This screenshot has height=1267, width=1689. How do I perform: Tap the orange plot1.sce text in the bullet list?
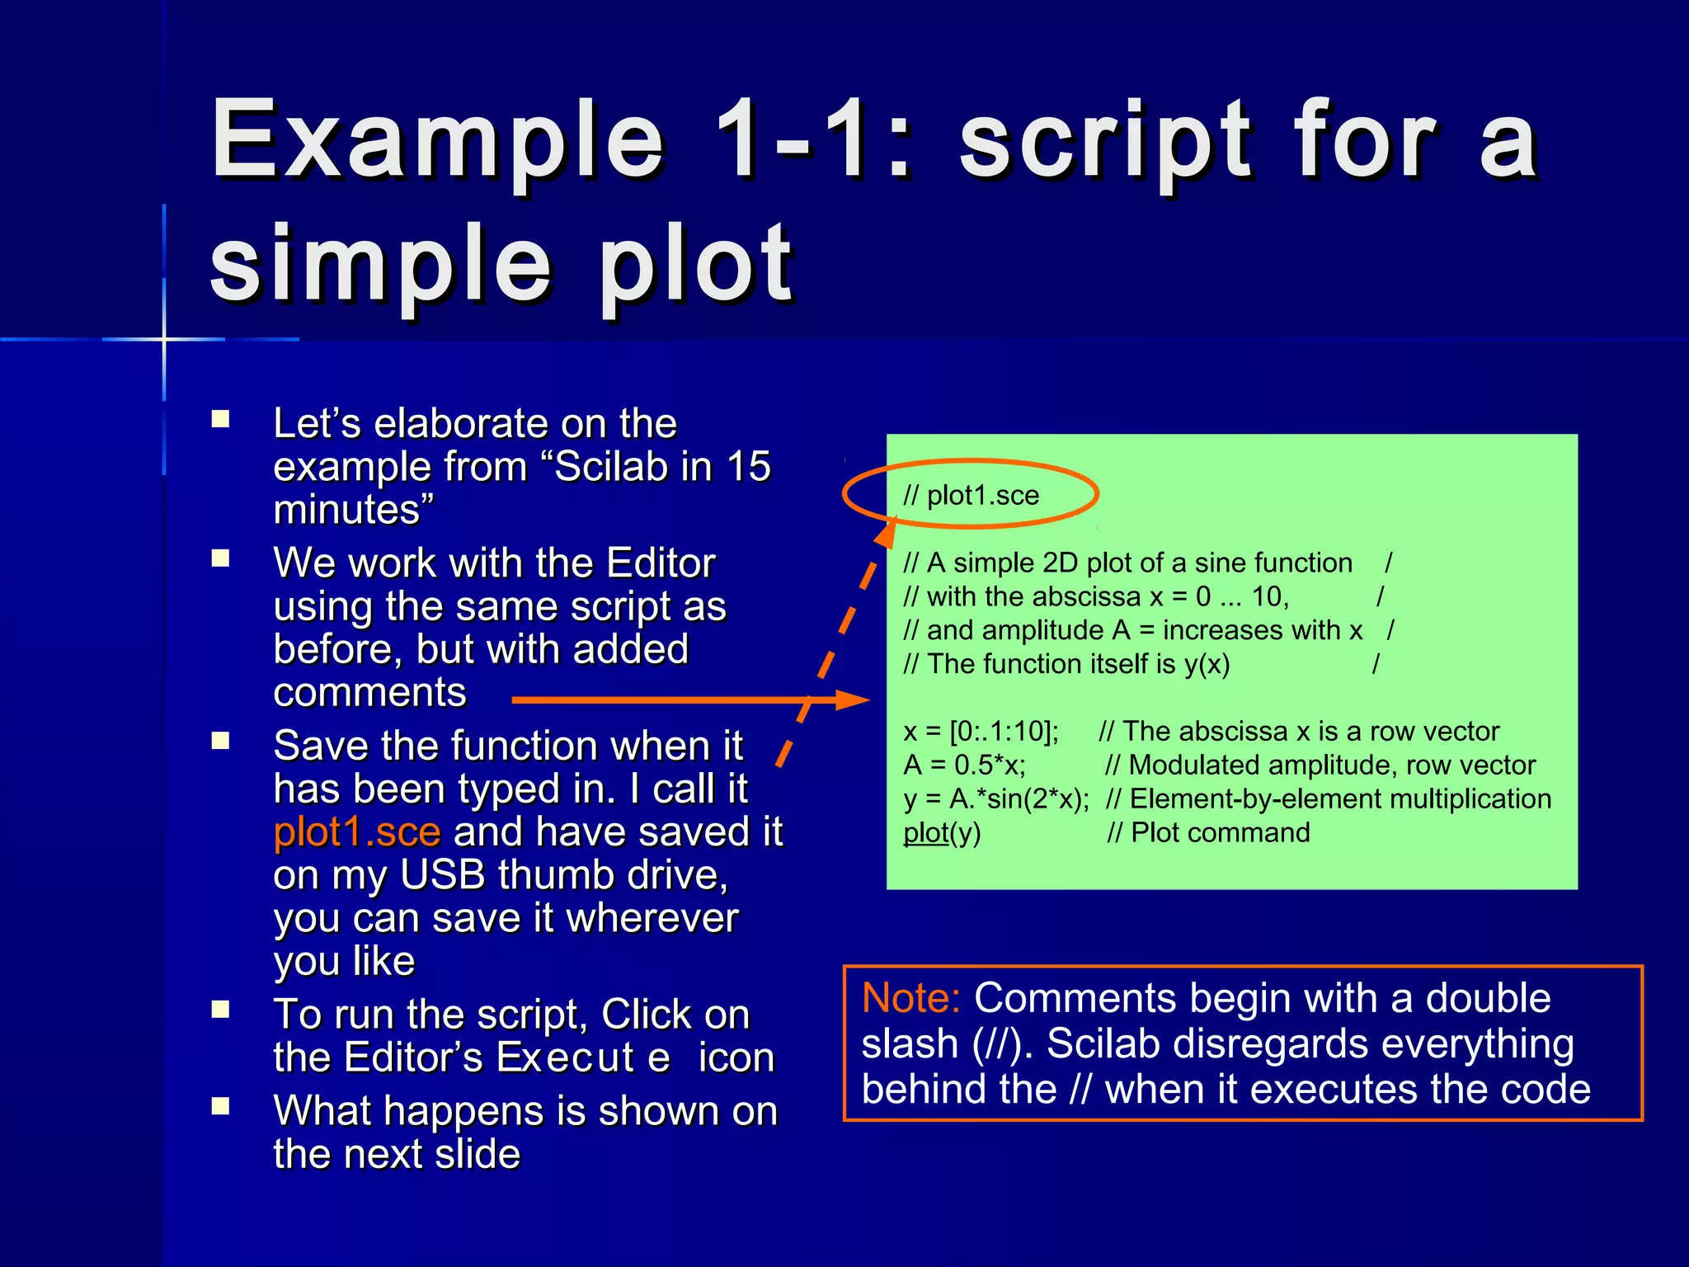[x=357, y=831]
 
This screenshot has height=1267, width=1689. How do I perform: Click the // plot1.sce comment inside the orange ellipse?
[x=971, y=495]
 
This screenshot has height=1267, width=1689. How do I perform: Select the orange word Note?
[x=910, y=998]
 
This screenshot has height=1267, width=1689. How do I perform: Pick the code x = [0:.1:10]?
[x=981, y=732]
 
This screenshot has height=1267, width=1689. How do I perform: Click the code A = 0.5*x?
[x=964, y=765]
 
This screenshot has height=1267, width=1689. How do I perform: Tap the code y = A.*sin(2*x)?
[x=995, y=799]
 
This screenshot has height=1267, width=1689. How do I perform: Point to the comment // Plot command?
[x=1208, y=833]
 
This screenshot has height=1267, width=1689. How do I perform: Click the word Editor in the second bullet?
[x=660, y=563]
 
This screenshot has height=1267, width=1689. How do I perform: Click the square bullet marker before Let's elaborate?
[x=220, y=419]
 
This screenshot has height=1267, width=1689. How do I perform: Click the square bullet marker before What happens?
[x=220, y=1106]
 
